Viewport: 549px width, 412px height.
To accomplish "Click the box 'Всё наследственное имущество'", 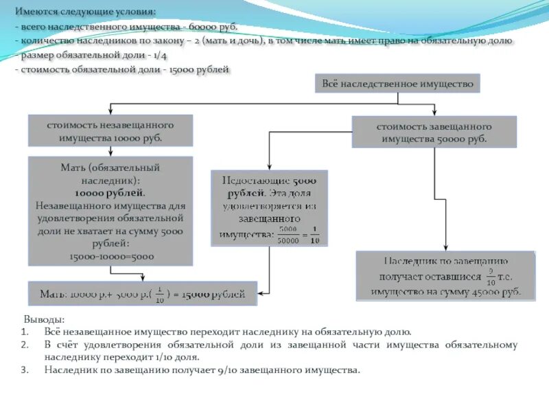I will (x=397, y=83).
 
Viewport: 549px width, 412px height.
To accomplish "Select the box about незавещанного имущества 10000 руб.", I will (x=110, y=130).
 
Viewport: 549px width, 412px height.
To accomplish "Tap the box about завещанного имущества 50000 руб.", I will (x=434, y=131).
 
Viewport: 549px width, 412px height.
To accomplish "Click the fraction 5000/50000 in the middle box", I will (x=288, y=233).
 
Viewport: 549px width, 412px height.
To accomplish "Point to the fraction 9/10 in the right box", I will (x=489, y=277).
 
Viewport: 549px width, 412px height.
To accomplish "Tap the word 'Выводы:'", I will (x=45, y=319).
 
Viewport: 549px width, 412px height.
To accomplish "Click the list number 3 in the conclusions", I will (x=24, y=369).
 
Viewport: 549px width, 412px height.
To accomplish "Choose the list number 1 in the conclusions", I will (x=24, y=331).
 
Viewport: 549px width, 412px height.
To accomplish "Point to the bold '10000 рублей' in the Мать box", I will (x=110, y=193).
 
